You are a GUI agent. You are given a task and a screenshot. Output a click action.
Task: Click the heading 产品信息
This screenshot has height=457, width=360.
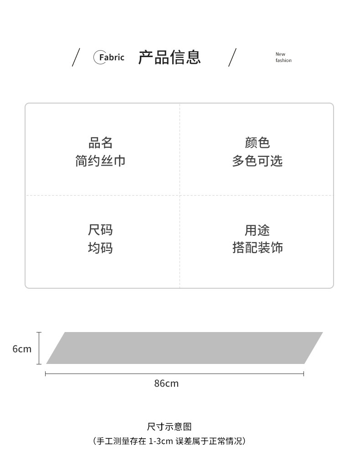tap(170, 57)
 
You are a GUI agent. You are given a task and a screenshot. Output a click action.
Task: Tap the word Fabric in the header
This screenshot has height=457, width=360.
tap(111, 57)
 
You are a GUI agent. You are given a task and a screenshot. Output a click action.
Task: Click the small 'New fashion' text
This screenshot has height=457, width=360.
tap(283, 57)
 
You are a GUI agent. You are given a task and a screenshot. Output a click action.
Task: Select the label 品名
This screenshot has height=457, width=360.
tap(100, 143)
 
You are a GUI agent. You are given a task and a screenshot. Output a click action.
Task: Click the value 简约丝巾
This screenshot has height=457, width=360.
tap(100, 161)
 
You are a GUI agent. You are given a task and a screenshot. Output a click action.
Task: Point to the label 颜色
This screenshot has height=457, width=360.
tap(257, 143)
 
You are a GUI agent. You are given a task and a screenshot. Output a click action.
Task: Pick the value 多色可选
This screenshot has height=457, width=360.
tap(257, 161)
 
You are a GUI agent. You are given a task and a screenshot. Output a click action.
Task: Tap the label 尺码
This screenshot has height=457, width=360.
tap(100, 230)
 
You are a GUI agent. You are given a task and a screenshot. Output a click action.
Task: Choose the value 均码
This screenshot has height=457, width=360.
tap(100, 248)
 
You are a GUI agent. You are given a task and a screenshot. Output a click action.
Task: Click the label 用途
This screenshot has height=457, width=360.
tap(257, 230)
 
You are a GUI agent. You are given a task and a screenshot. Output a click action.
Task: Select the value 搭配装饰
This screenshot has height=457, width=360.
tap(257, 248)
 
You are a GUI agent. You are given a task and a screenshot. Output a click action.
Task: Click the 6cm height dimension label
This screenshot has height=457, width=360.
tap(22, 349)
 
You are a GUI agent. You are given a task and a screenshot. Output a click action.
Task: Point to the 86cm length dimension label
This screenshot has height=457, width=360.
tap(166, 383)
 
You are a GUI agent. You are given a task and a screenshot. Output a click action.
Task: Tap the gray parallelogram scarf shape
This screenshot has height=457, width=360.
tap(185, 348)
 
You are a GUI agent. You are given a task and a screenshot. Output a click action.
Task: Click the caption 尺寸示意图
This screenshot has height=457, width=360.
tap(170, 426)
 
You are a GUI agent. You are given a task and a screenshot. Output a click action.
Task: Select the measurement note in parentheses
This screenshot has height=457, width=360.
tap(170, 441)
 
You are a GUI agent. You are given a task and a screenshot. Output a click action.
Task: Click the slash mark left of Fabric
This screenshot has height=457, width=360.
tap(76, 57)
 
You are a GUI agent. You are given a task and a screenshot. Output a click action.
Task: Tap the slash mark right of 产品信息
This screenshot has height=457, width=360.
tap(232, 57)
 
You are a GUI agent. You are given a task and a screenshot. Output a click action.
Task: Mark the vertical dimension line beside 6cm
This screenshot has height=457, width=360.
tap(39, 348)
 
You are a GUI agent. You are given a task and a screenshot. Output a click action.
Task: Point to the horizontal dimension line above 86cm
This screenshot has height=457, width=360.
tap(175, 374)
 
